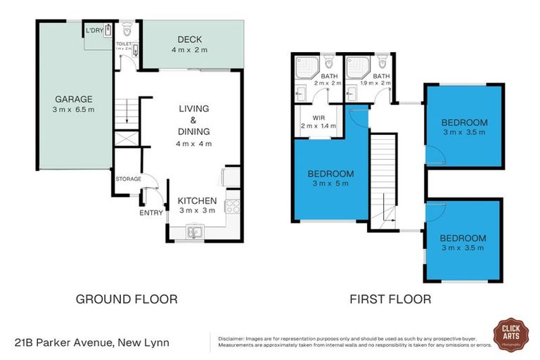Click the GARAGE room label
pos(74,99)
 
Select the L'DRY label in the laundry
pos(95,31)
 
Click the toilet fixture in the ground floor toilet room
pos(127,30)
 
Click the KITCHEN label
pos(197,201)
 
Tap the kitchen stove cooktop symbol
pos(232,206)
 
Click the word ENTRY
pos(151,212)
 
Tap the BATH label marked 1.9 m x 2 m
pos(382,76)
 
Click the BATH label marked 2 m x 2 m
pos(328,76)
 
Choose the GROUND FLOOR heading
pos(127,299)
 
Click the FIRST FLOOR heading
pos(390,299)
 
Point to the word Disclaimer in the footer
pos(234,338)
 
